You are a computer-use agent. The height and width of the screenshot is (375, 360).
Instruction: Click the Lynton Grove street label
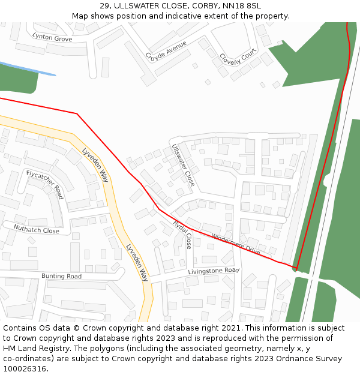point(52,38)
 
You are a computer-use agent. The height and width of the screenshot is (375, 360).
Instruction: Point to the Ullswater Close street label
point(184,165)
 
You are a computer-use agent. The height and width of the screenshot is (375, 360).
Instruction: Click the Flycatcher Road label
point(45,184)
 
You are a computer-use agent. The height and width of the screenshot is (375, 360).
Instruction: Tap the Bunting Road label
point(61,276)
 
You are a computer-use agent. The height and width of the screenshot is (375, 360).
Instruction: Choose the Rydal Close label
point(182,234)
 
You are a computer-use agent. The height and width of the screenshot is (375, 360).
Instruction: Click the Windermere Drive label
point(236,243)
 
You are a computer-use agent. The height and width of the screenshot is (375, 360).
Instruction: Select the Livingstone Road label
point(214,271)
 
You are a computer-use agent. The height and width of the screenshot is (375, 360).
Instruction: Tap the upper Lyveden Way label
point(95,165)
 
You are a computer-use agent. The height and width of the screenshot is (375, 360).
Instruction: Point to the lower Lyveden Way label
point(137,262)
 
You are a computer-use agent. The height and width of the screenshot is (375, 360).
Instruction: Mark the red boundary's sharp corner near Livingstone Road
point(296,268)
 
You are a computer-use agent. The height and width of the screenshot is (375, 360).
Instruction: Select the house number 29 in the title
point(106,6)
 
